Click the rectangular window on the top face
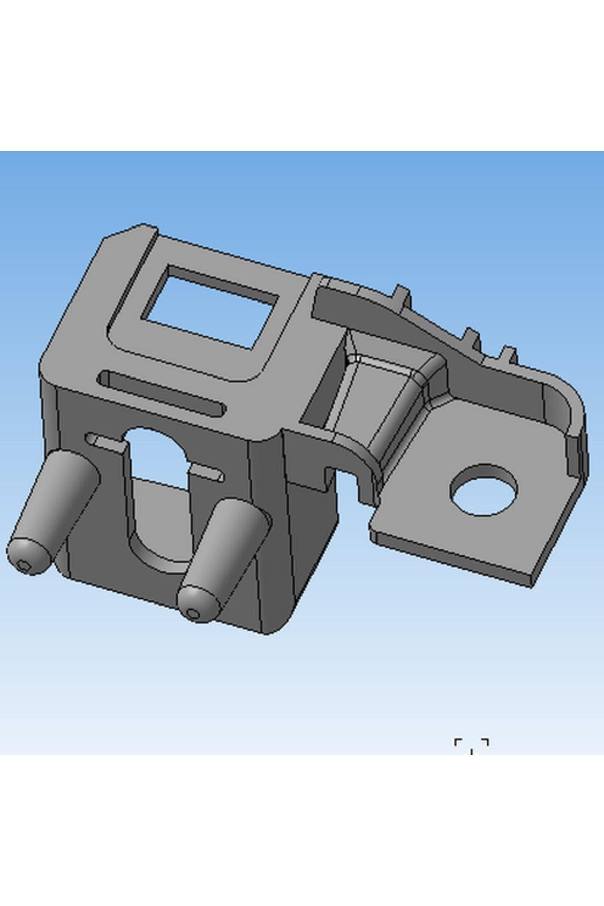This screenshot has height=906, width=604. (x=211, y=307)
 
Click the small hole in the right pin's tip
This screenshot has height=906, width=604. (x=193, y=613)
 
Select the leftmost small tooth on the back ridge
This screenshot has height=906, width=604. (x=402, y=294)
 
